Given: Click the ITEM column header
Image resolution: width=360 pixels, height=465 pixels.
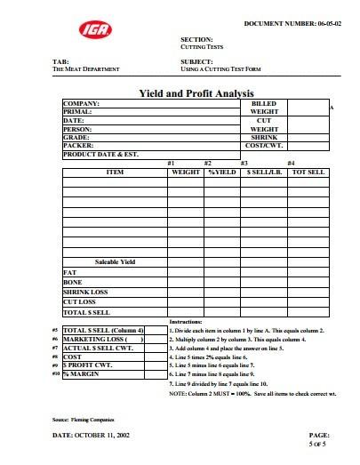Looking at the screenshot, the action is point(115,171).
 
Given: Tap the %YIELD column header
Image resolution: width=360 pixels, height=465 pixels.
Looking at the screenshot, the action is point(221,171).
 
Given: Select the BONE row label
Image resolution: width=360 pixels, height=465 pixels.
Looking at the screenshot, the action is point(72,281).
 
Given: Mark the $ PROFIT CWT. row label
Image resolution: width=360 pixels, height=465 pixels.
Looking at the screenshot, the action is point(92,365).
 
